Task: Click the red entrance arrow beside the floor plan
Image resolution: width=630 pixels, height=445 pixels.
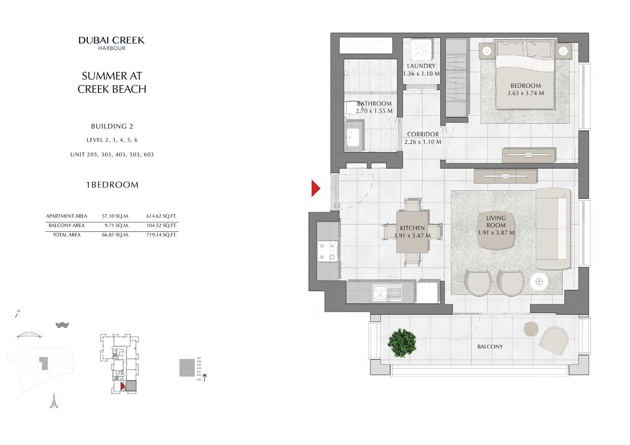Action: pyautogui.click(x=315, y=188)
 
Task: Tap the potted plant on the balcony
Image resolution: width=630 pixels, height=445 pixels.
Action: pyautogui.click(x=401, y=342)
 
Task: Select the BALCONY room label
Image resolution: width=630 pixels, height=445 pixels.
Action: pyautogui.click(x=490, y=346)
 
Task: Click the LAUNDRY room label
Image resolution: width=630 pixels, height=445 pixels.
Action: pyautogui.click(x=421, y=66)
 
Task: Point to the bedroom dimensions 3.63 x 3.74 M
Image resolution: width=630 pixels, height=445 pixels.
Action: pyautogui.click(x=525, y=93)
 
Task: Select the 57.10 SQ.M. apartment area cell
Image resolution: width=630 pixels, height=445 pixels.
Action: pyautogui.click(x=115, y=216)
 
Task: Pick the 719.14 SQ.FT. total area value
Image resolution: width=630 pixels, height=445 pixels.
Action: pyautogui.click(x=161, y=235)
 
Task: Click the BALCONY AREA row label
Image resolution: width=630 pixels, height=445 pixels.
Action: pyautogui.click(x=67, y=226)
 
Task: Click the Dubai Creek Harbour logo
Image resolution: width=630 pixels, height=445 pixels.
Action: pyautogui.click(x=112, y=43)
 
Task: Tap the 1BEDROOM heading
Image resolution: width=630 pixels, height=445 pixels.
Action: pyautogui.click(x=112, y=185)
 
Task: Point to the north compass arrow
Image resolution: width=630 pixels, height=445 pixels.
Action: pyautogui.click(x=16, y=315)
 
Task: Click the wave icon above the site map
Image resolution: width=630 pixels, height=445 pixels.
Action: pyautogui.click(x=62, y=325)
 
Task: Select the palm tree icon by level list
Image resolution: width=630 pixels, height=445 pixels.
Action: pyautogui.click(x=204, y=378)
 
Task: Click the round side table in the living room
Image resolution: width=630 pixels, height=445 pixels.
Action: pyautogui.click(x=539, y=281)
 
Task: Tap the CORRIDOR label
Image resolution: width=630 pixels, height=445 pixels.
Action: pyautogui.click(x=423, y=134)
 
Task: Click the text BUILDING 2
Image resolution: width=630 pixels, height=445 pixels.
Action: pyautogui.click(x=112, y=126)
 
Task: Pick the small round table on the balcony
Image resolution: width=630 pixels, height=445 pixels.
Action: pyautogui.click(x=531, y=329)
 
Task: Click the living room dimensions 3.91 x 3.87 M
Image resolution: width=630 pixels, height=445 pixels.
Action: pyautogui.click(x=496, y=233)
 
